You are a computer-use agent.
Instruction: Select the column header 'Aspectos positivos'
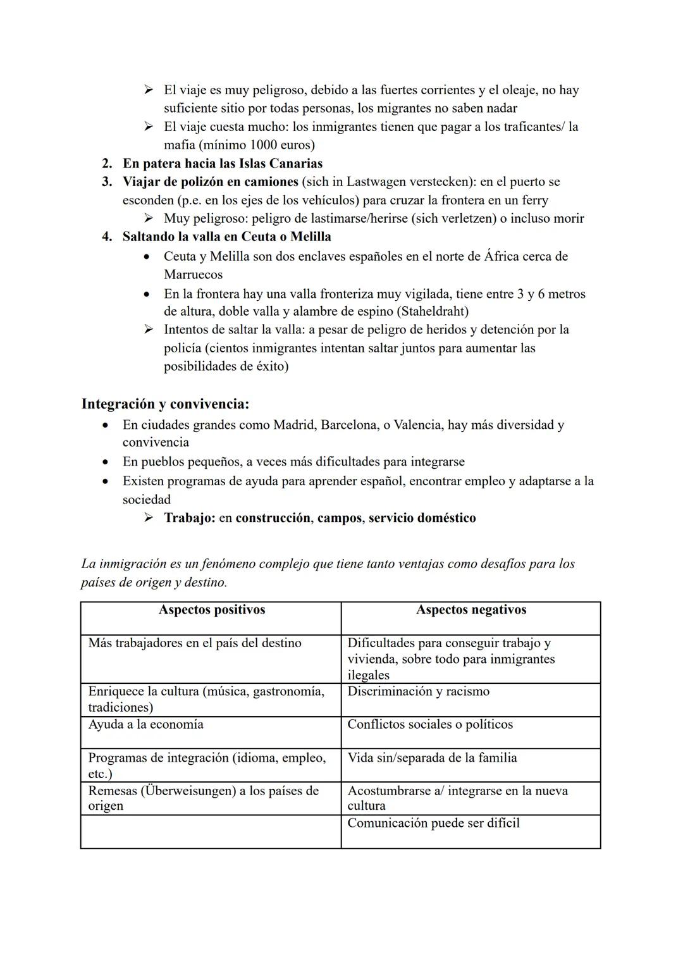point(212,610)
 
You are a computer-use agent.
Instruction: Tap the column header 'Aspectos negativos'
point(471,610)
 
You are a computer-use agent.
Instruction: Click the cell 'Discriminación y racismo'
point(418,691)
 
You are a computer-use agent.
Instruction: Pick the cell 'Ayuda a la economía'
point(146,724)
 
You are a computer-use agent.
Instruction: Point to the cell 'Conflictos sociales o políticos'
point(430,724)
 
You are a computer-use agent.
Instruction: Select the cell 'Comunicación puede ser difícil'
point(433,823)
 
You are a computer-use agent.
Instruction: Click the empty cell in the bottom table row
point(211,831)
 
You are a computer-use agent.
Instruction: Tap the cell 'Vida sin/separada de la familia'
point(432,758)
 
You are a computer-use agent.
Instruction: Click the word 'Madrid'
point(293,424)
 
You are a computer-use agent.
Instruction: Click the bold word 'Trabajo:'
point(190,518)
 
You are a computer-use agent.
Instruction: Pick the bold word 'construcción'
point(273,518)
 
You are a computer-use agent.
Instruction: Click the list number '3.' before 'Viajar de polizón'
point(108,182)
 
